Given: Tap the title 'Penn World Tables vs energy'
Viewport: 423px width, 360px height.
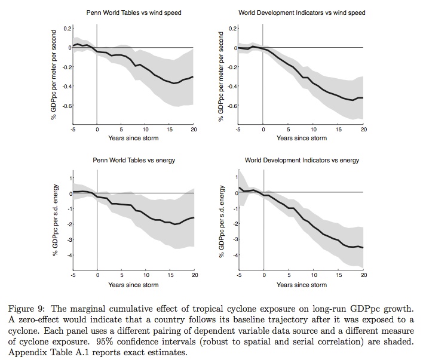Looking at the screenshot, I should [133, 161].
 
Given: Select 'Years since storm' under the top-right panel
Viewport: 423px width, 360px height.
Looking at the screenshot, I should [301, 139].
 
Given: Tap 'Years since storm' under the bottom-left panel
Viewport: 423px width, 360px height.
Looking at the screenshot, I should [133, 285].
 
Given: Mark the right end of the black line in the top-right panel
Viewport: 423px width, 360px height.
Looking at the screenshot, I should [363, 98].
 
